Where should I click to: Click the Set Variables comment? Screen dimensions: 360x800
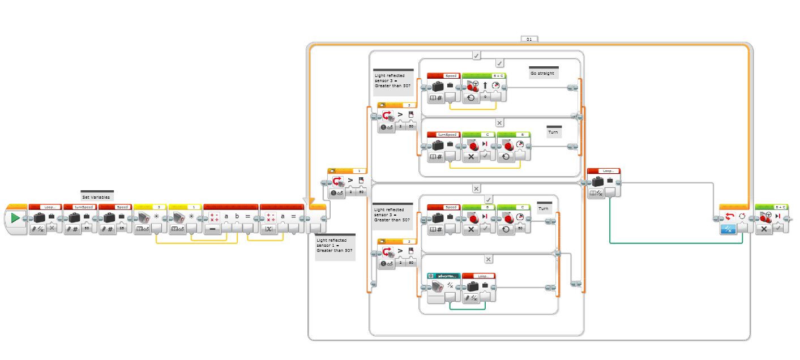coord(97,197)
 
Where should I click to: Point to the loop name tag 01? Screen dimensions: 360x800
coord(529,40)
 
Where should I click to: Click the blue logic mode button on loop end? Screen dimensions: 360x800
coord(727,229)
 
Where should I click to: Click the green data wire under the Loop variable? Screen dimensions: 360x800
coord(674,243)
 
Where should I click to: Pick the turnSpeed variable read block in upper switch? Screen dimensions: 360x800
coord(443,147)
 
